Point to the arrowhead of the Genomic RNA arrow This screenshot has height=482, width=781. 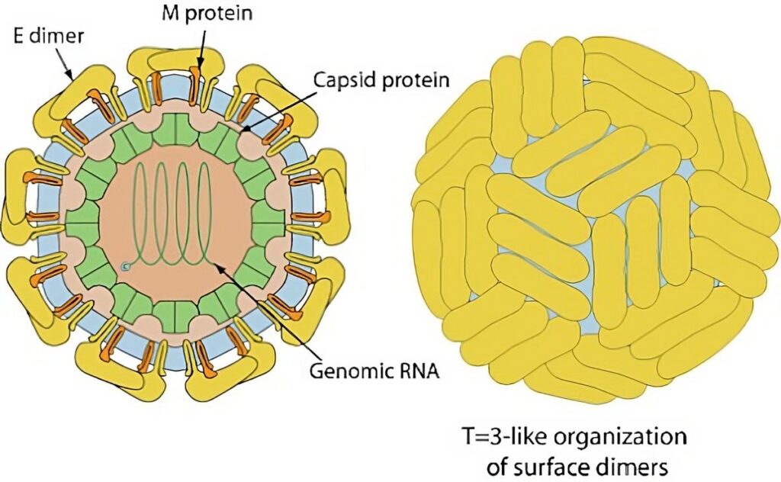tap(215, 264)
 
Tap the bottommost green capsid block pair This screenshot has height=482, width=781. tap(175, 315)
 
